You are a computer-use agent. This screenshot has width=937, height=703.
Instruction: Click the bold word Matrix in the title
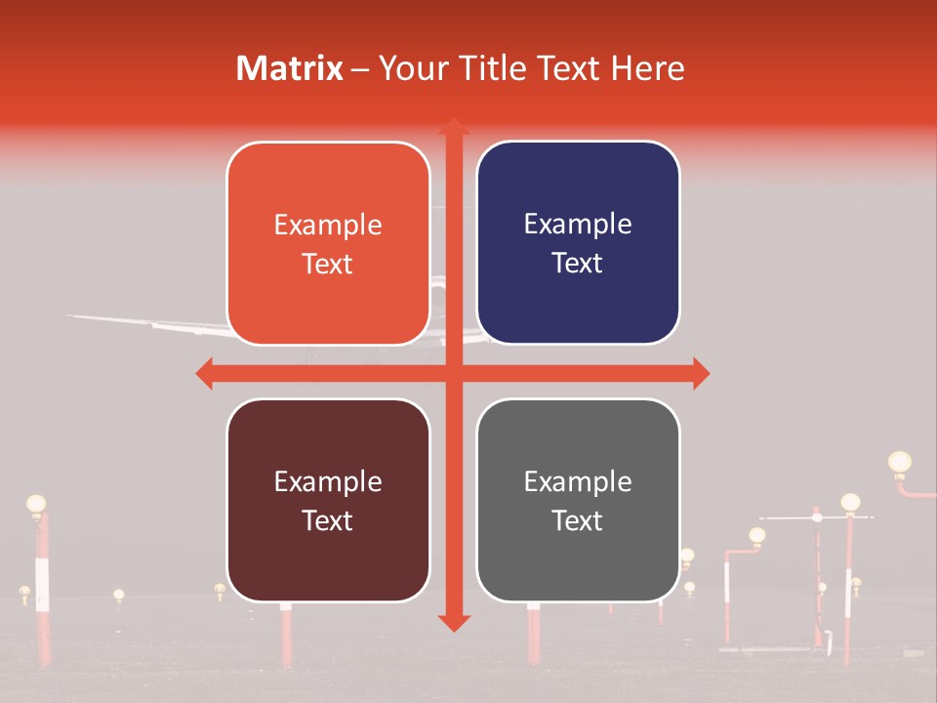tap(290, 68)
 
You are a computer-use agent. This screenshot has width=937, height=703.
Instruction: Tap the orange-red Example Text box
tap(328, 243)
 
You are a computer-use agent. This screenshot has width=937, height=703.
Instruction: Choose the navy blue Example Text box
tap(578, 243)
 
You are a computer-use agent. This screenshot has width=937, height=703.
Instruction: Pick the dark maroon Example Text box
tap(328, 500)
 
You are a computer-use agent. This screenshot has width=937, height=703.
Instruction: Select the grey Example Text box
tap(578, 500)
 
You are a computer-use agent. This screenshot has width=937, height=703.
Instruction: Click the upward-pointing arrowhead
tap(453, 127)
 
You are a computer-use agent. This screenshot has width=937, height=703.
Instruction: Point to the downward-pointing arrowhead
tap(453, 622)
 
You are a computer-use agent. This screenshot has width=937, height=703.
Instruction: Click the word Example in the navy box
tap(578, 225)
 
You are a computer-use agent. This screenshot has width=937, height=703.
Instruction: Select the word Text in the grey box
tap(578, 520)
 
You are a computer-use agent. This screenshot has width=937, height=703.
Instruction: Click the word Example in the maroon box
tap(328, 481)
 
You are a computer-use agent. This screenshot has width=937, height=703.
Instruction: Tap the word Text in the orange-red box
tap(328, 264)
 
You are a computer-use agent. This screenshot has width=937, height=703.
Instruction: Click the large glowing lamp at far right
tap(899, 462)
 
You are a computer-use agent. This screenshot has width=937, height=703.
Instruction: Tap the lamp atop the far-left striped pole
tap(36, 504)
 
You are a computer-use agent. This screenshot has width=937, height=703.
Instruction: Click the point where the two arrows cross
tap(453, 373)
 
